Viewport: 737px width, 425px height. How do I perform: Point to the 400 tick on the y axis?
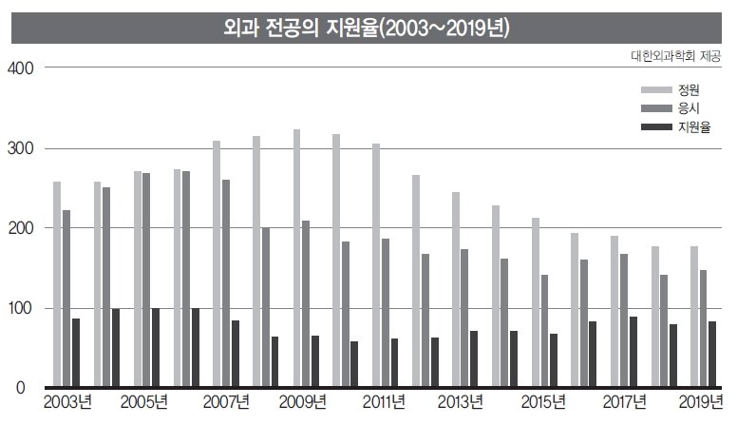point(21,68)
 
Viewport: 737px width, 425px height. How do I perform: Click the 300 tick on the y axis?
point(21,148)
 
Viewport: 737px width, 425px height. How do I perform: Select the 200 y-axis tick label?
point(21,228)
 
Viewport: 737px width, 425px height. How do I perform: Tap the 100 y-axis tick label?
point(21,308)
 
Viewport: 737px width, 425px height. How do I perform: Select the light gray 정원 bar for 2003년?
point(57,284)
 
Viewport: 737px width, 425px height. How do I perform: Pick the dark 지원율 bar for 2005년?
point(155,347)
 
